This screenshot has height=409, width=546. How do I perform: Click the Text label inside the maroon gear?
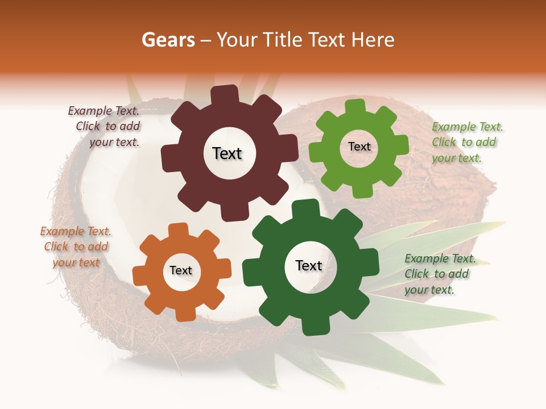[x=227, y=153]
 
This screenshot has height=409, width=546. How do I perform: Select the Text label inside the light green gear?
[x=359, y=147]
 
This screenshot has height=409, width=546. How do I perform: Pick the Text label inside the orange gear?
[x=181, y=271]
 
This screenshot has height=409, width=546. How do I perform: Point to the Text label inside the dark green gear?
[x=309, y=266]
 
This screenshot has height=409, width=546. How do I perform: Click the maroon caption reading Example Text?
[x=104, y=111]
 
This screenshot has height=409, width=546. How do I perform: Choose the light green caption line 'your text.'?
[x=457, y=158]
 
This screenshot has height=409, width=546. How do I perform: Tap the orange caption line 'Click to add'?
[x=76, y=247]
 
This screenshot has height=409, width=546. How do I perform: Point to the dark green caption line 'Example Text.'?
[x=440, y=258]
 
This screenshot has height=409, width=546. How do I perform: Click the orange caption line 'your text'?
[x=76, y=262]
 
